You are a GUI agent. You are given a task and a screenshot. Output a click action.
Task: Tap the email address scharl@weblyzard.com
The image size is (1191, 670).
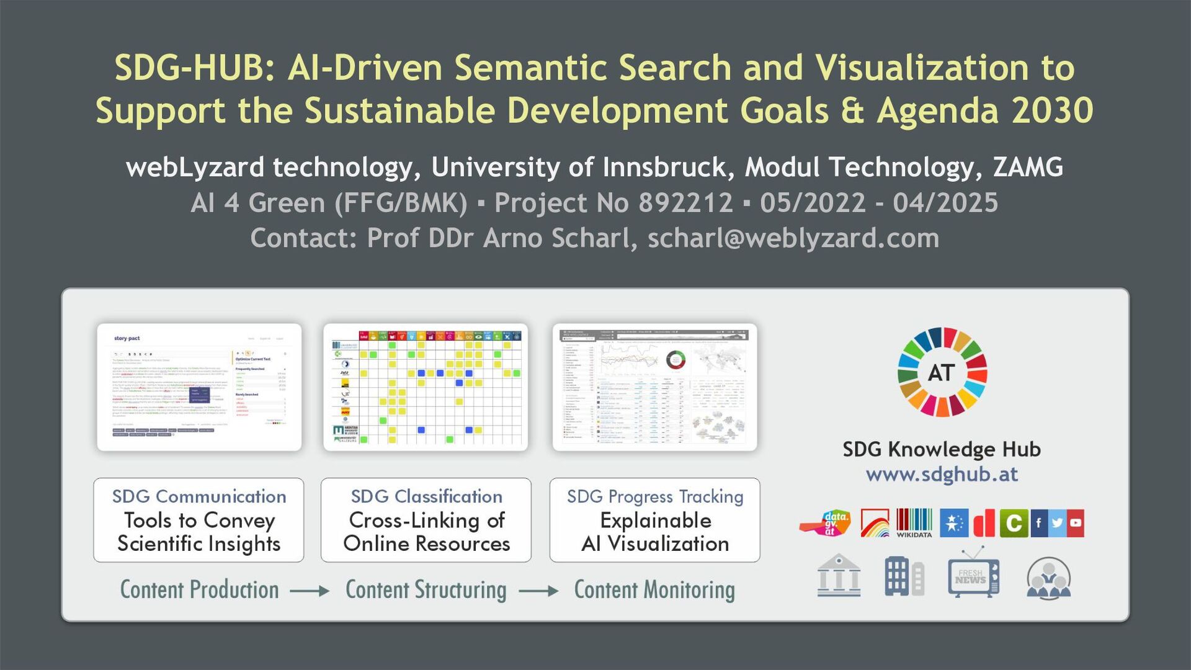[793, 238]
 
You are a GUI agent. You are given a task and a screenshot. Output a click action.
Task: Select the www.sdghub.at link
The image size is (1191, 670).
[942, 475]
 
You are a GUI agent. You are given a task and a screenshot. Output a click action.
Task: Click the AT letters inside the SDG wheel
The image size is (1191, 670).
[941, 373]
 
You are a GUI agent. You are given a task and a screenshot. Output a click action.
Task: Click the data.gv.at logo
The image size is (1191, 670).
[826, 523]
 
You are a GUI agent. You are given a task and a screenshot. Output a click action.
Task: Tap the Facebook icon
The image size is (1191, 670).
[1039, 523]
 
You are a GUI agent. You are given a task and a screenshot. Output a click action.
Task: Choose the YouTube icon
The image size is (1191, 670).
[1076, 523]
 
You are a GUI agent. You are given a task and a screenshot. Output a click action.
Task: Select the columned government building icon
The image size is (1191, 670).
[839, 576]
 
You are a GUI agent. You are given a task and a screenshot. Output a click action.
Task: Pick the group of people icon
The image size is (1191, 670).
[1048, 578]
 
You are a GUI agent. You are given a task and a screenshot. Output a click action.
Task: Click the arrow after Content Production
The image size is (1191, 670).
[310, 591]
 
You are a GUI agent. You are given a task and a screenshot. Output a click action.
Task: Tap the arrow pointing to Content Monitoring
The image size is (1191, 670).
[538, 591]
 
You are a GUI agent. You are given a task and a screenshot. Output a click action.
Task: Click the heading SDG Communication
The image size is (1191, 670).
[199, 496]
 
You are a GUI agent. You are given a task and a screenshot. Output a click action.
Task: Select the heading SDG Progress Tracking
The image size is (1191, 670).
[655, 496]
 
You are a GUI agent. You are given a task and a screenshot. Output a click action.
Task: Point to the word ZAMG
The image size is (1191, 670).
[1028, 167]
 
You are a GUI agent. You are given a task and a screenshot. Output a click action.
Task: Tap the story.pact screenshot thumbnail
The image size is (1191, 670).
[199, 386]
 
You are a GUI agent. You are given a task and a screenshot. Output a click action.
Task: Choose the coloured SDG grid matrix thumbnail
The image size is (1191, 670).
[426, 386]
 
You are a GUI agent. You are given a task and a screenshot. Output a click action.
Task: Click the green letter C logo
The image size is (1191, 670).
[1014, 523]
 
